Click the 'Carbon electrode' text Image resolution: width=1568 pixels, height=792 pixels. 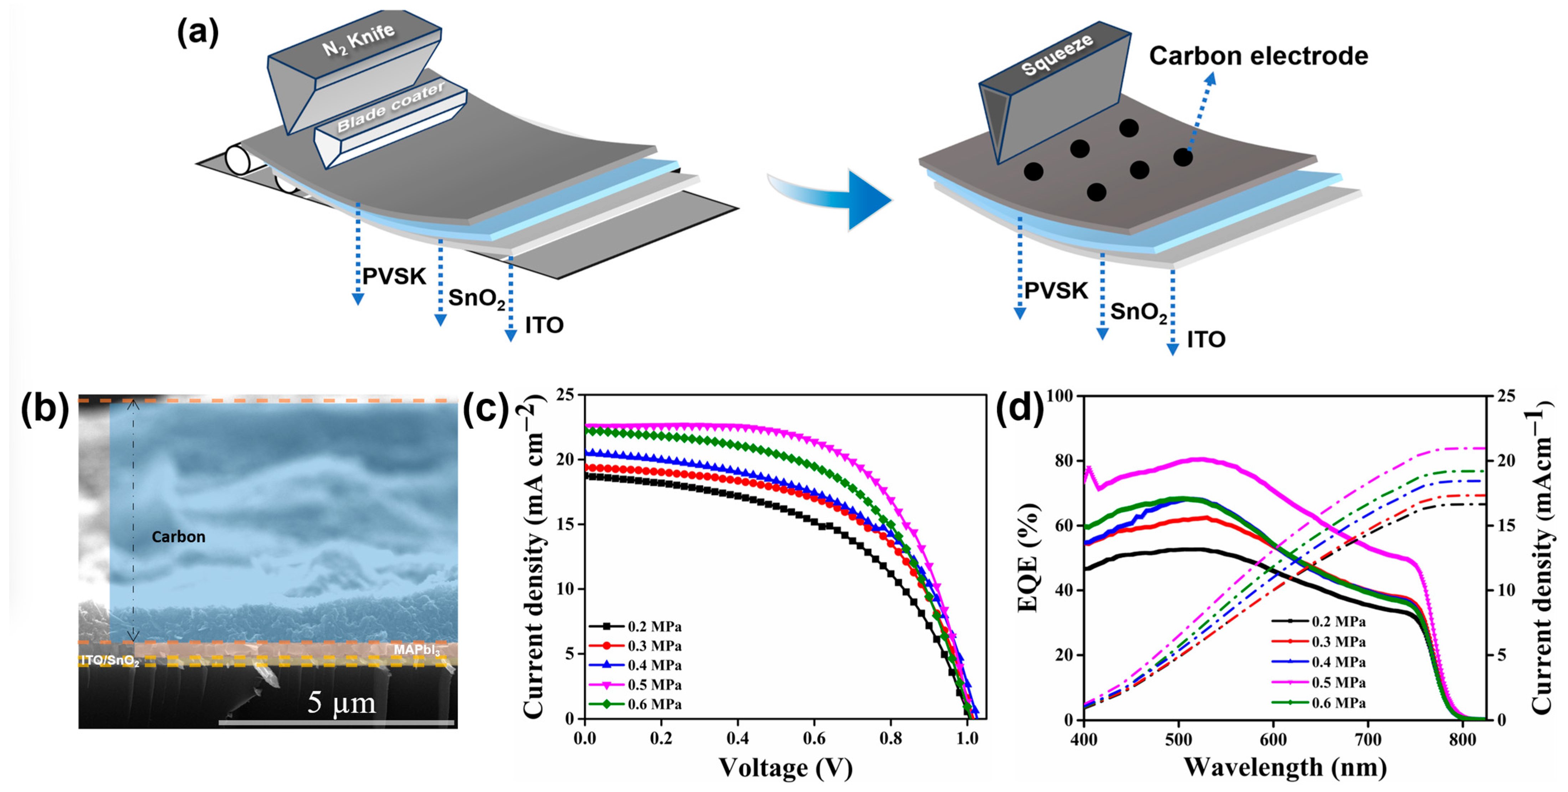coord(1258,56)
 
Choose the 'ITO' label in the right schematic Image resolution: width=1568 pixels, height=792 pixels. coord(1206,340)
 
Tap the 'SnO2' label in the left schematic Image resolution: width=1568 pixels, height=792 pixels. coord(476,298)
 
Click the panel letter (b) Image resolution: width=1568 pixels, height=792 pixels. coord(45,409)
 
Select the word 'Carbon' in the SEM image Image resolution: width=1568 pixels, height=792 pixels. coord(178,537)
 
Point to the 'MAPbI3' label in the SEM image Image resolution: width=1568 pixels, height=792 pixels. coord(416,650)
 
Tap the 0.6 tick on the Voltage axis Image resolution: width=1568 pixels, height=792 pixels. coord(814,739)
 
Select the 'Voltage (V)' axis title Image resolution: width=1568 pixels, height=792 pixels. coord(785,768)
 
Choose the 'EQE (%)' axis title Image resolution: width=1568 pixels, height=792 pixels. coord(1028,557)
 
